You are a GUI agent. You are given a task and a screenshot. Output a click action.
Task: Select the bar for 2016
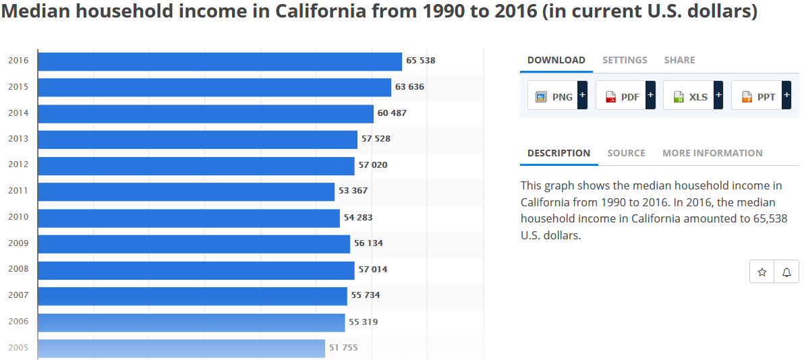point(220,61)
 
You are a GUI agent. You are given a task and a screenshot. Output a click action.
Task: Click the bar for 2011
point(186,191)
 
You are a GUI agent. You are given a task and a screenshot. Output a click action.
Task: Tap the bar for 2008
point(196,270)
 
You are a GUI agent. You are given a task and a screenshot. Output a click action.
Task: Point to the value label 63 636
point(409,87)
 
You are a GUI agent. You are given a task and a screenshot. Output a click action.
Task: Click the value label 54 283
point(358,218)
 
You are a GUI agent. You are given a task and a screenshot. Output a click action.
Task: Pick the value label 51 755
point(343,348)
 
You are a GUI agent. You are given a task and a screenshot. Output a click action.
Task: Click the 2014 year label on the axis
point(18,113)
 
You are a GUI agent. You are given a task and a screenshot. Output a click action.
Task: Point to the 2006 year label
point(18,322)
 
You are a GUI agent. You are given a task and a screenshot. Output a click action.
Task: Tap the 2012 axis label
point(18,165)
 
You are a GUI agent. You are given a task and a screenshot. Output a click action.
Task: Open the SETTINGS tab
point(625,60)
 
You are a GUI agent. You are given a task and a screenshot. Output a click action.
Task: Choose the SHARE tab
point(679,60)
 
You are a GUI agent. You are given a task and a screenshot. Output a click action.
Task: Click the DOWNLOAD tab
point(556,60)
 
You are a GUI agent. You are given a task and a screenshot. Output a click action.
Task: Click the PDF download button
point(621,96)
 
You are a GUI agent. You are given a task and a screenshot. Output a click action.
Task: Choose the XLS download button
point(689,96)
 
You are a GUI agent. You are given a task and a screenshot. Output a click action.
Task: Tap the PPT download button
point(757,96)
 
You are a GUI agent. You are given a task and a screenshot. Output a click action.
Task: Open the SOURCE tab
point(626,153)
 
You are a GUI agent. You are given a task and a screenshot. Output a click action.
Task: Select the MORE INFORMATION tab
point(712,153)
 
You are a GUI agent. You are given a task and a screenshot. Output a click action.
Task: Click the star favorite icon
point(762,272)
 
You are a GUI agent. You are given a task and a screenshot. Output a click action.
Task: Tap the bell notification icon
point(786,272)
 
